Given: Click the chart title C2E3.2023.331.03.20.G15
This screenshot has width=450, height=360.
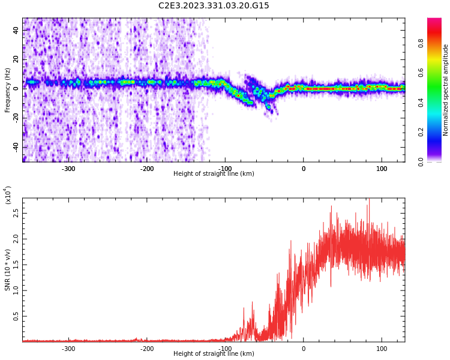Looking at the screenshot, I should pyautogui.click(x=214, y=6).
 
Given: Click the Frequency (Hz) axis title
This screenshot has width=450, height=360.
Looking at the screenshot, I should pyautogui.click(x=8, y=90).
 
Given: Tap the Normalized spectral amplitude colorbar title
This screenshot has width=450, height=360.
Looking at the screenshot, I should pyautogui.click(x=446, y=90).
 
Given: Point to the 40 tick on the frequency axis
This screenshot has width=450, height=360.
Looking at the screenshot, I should pyautogui.click(x=16, y=30).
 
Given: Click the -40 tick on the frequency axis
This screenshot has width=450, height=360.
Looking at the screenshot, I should pyautogui.click(x=15, y=146).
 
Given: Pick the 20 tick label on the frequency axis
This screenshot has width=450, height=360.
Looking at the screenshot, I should pyautogui.click(x=16, y=59).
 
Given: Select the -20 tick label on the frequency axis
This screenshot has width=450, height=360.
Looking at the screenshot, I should pyautogui.click(x=15, y=118).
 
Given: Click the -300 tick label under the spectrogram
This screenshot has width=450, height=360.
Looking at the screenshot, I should pyautogui.click(x=68, y=169).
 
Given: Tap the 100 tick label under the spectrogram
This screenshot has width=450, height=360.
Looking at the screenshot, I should pyautogui.click(x=382, y=169).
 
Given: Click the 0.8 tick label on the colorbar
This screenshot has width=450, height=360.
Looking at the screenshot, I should pyautogui.click(x=437, y=43).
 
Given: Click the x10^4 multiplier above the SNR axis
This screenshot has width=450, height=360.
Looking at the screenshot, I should pyautogui.click(x=8, y=195).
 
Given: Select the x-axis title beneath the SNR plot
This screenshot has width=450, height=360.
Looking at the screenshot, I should pyautogui.click(x=214, y=354).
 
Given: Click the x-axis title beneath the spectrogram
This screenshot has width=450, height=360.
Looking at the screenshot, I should pyautogui.click(x=214, y=174).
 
